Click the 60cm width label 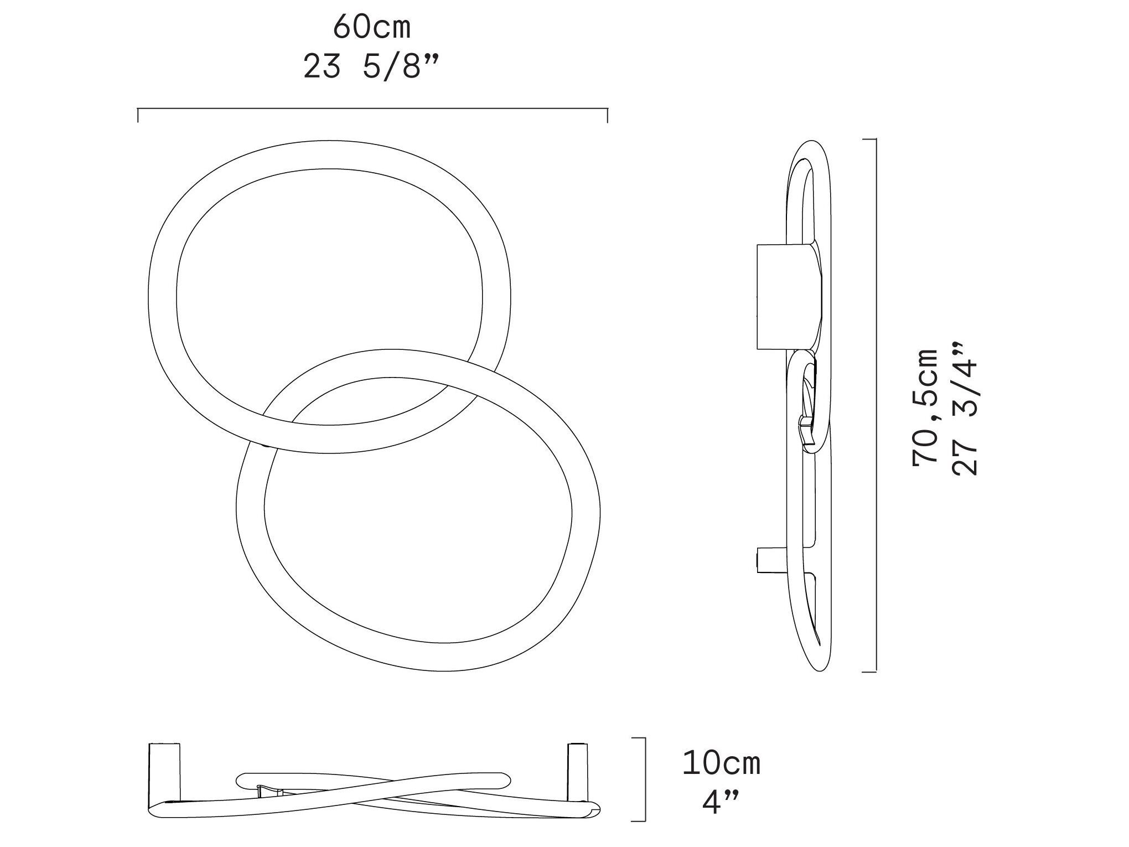pos(372,28)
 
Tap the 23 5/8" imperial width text pos(371,68)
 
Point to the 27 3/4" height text pos(965,409)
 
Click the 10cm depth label pos(722,763)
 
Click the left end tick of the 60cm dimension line pos(138,115)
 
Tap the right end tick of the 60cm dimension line pos(608,115)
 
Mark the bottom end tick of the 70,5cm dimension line pos(869,672)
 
